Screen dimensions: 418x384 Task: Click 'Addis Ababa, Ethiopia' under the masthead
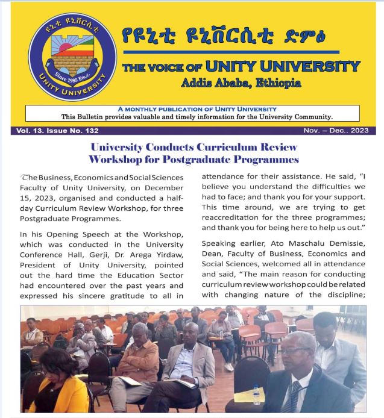pyautogui.click(x=241, y=83)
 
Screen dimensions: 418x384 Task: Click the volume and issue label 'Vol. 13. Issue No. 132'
pyautogui.click(x=55, y=131)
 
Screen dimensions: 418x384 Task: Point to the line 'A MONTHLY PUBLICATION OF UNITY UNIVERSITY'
pyautogui.click(x=193, y=109)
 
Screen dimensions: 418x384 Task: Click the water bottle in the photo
pyautogui.click(x=256, y=393)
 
